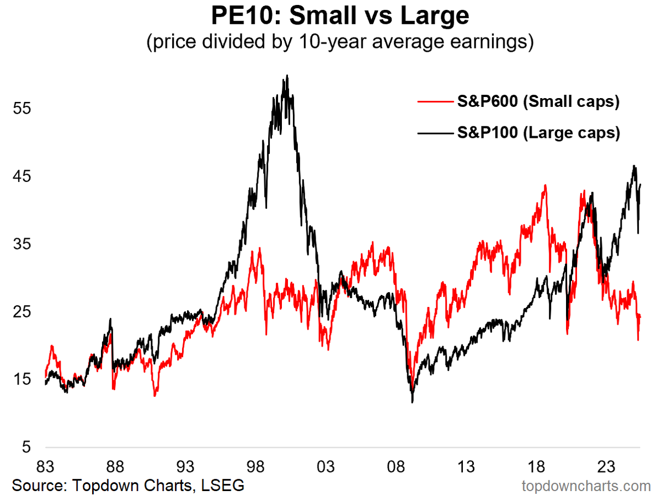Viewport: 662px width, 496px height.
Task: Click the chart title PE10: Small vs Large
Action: point(340,16)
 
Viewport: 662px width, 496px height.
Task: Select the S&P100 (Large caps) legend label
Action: point(538,133)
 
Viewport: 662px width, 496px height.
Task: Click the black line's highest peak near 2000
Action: point(287,76)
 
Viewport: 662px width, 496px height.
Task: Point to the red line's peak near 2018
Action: point(545,185)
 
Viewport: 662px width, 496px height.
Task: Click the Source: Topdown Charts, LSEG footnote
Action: point(128,486)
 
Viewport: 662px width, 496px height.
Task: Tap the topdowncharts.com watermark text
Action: point(586,486)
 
